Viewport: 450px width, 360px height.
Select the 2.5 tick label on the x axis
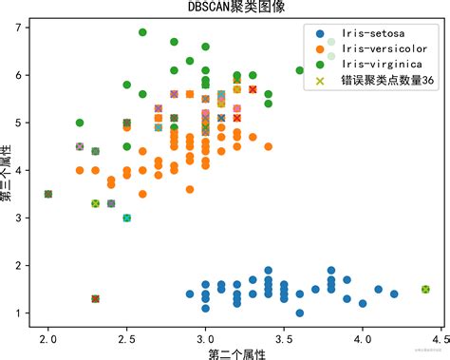(x=126, y=338)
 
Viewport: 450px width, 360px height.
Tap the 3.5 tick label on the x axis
(x=283, y=338)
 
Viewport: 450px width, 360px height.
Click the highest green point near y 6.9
(x=142, y=32)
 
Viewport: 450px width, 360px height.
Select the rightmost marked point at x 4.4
(x=425, y=289)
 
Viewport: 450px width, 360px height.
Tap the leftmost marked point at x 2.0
(x=48, y=194)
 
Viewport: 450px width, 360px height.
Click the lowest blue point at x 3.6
(x=299, y=313)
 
